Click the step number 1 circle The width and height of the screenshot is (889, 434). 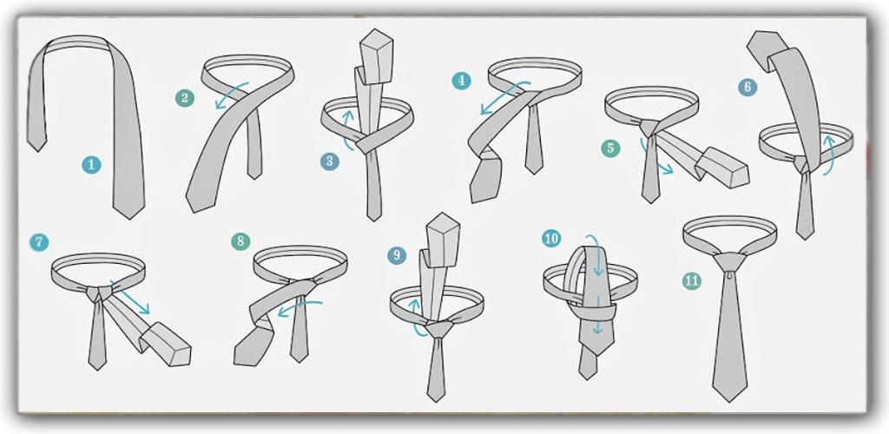90,165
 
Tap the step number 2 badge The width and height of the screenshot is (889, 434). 185,98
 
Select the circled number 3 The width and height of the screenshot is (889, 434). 329,161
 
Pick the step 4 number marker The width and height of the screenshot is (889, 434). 462,81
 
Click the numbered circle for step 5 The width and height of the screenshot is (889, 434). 610,148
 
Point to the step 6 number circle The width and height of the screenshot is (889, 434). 747,87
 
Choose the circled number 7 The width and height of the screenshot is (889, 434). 39,242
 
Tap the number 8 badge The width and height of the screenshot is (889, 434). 240,241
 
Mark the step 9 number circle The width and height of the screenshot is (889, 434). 397,255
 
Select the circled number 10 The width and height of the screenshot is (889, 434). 551,238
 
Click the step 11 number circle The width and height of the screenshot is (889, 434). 692,280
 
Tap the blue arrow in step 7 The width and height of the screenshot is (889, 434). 130,297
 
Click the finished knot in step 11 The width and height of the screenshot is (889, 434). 729,262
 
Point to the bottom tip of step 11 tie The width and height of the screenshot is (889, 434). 729,402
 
